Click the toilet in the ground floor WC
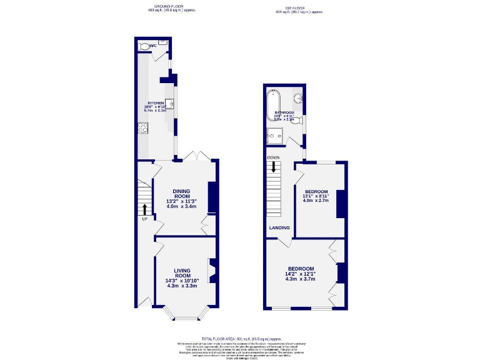[145, 46]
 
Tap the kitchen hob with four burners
[141, 129]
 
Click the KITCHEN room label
[156, 102]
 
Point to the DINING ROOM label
[181, 192]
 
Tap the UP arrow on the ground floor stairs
[145, 209]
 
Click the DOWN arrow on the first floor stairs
[273, 165]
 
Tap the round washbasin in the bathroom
[298, 97]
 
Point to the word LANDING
[279, 228]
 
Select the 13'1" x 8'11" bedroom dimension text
[316, 196]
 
